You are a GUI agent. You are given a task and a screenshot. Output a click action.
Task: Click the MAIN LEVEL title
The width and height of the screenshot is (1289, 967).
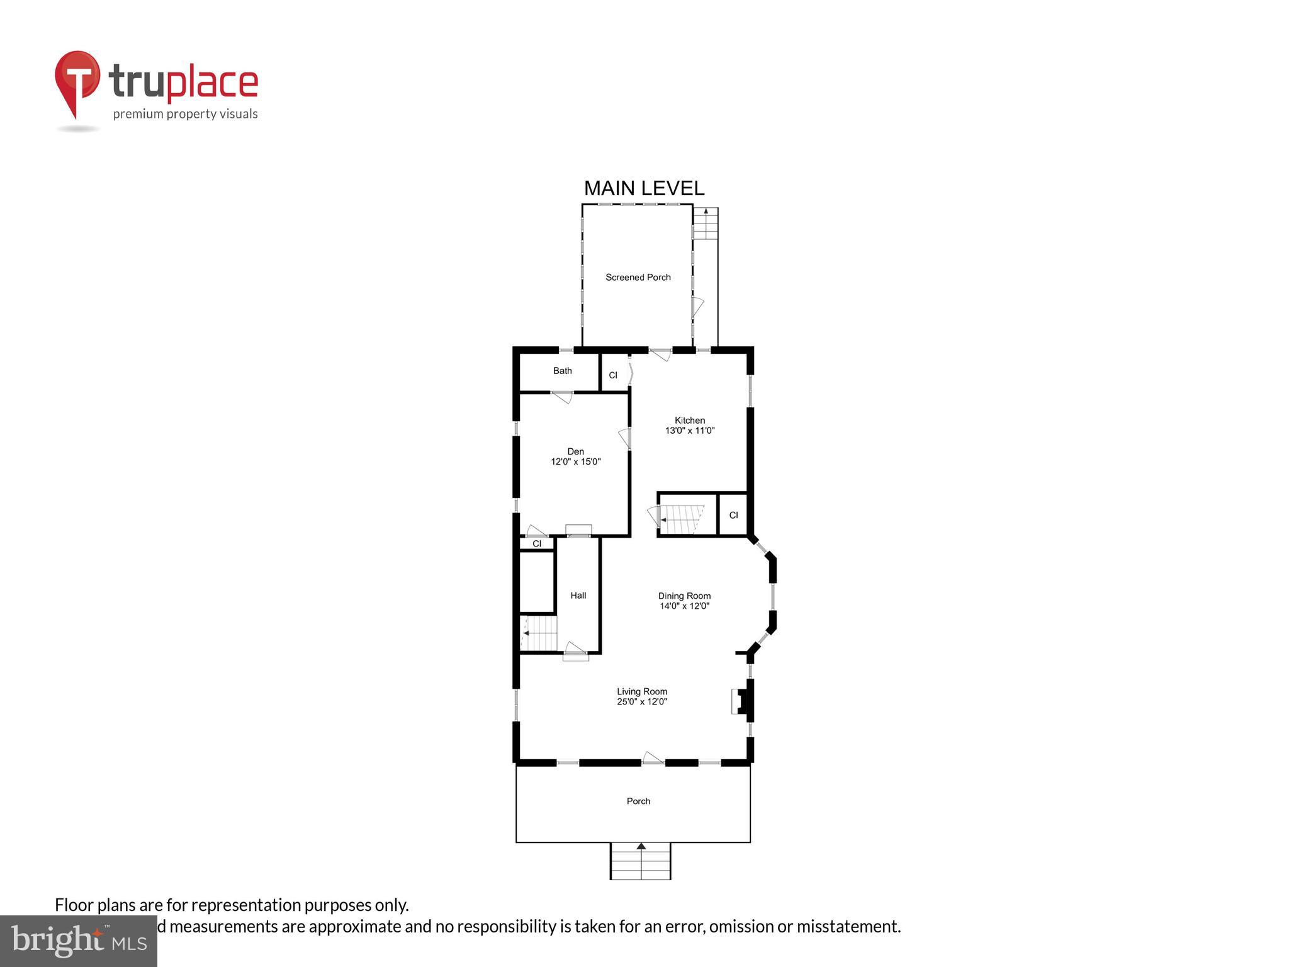click(x=644, y=188)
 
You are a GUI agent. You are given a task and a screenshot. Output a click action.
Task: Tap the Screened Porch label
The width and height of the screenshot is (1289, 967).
click(x=638, y=277)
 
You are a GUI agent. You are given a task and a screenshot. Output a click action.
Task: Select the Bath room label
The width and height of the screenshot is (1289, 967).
click(x=562, y=371)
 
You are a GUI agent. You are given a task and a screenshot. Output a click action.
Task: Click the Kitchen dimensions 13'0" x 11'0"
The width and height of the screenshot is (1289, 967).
click(x=690, y=431)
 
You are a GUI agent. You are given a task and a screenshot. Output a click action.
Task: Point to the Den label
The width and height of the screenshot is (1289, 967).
click(x=575, y=451)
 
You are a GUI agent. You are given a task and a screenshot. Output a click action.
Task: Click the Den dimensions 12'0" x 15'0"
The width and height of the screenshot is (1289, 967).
click(x=575, y=461)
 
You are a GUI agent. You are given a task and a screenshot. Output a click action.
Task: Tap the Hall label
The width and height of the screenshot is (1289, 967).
click(x=578, y=596)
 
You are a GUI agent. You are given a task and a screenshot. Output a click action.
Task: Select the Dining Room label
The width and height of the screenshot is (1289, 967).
click(x=684, y=596)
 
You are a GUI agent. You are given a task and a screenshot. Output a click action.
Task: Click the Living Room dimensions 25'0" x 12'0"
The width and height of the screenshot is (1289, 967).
click(x=641, y=701)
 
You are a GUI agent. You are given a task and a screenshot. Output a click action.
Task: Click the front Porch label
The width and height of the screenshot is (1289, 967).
click(x=638, y=801)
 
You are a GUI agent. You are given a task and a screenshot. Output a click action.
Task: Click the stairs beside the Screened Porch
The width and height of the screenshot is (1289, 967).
click(x=706, y=224)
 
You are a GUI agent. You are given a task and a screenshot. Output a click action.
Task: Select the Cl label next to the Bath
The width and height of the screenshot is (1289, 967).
click(x=613, y=375)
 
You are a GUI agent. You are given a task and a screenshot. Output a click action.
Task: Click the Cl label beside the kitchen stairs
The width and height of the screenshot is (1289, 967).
click(x=733, y=515)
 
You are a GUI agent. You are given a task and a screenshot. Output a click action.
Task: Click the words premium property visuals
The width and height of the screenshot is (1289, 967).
click(x=185, y=114)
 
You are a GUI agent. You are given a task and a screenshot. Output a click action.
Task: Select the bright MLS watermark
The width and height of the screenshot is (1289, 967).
click(x=78, y=941)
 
